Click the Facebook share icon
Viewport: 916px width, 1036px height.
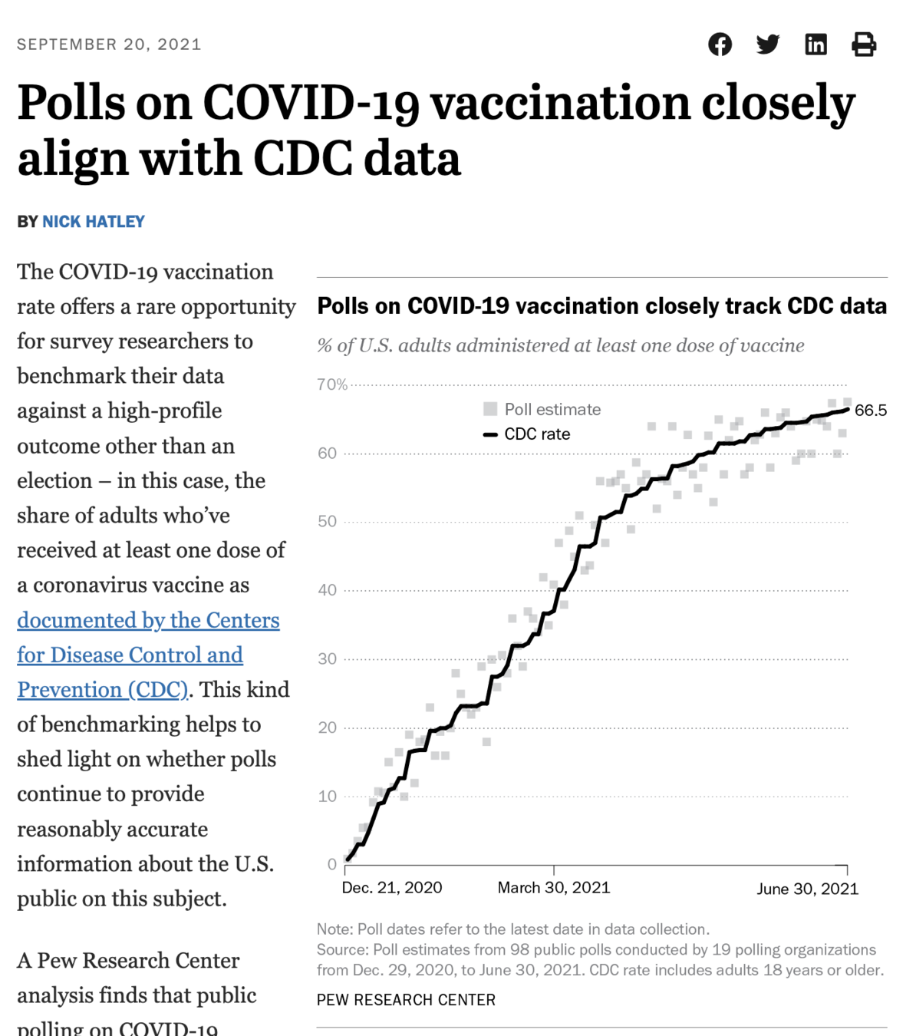pos(720,45)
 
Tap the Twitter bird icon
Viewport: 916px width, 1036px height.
pos(767,45)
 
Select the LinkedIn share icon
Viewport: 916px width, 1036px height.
pos(816,45)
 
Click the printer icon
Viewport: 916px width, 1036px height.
pos(864,45)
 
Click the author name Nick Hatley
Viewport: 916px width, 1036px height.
pos(94,222)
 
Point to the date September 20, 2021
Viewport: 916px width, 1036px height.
pos(109,45)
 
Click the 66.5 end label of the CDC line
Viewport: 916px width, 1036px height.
pos(871,411)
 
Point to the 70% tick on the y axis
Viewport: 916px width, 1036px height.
pos(332,384)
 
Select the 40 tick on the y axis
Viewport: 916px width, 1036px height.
pos(328,590)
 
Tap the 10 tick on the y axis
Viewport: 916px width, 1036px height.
pos(328,797)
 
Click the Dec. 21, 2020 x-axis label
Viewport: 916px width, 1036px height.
pos(392,888)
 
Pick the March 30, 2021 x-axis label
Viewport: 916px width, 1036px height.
pos(554,888)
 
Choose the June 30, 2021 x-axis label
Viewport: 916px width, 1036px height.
pos(807,889)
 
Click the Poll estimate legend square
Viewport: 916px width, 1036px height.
pos(490,409)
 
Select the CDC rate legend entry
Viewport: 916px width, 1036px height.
pos(536,434)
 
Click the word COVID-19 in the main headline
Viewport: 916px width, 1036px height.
pos(311,103)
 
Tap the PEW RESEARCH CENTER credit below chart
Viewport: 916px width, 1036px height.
pos(406,1000)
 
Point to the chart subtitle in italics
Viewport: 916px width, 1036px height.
pos(561,345)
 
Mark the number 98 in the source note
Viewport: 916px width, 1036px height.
pos(519,949)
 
